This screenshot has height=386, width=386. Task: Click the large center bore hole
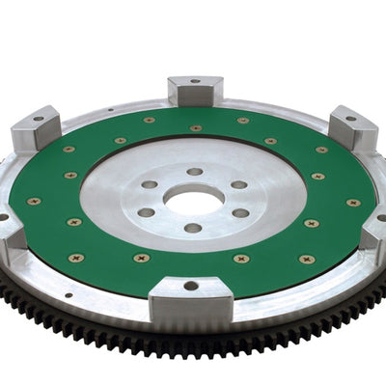click(193, 199)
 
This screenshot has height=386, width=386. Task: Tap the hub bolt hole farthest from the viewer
click(194, 172)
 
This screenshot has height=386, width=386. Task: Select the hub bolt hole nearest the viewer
click(193, 229)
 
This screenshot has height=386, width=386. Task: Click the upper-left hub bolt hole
click(150, 183)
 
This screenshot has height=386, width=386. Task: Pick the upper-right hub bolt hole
click(238, 184)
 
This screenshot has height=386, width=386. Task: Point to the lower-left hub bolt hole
click(146, 212)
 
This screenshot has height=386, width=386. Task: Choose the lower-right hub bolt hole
click(240, 213)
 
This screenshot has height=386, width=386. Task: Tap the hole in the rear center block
click(195, 81)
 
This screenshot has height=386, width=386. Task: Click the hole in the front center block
click(191, 286)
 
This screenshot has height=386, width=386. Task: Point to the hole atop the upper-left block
click(38, 119)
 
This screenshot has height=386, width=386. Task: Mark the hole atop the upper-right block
click(349, 119)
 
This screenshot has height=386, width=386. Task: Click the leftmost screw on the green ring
click(35, 202)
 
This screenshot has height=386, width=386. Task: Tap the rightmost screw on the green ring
click(353, 203)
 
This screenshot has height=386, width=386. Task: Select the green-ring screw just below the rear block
click(196, 127)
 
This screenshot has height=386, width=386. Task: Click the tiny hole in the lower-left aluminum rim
click(68, 296)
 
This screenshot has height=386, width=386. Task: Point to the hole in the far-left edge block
click(3, 217)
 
